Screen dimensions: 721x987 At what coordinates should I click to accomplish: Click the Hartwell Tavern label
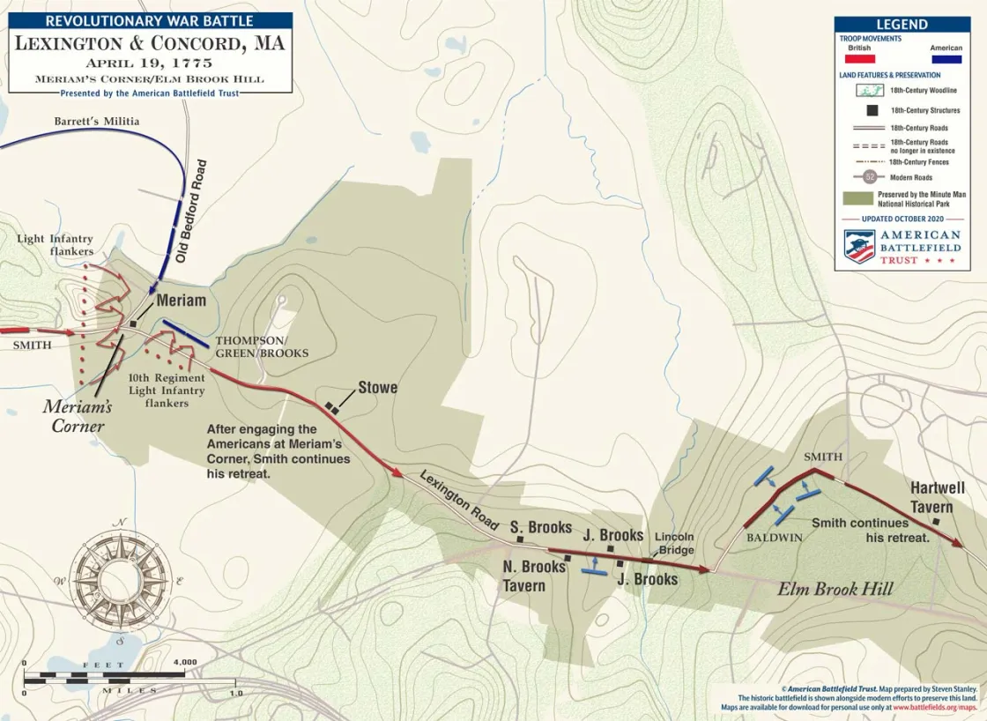click(x=938, y=498)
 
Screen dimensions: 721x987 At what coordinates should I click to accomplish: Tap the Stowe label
click(x=377, y=388)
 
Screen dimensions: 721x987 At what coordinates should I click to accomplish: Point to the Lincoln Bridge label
click(x=674, y=543)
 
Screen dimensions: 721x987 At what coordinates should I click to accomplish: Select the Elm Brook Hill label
click(x=835, y=589)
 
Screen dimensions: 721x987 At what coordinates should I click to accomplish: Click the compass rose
click(x=122, y=581)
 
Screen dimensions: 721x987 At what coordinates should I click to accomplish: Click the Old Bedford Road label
click(x=190, y=211)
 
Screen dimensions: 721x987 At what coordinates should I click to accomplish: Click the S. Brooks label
click(x=540, y=527)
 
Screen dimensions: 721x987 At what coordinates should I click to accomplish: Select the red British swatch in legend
click(x=859, y=60)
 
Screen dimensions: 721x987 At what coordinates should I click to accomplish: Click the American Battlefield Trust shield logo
click(x=859, y=247)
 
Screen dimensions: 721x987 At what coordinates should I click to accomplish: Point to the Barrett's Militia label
click(x=97, y=121)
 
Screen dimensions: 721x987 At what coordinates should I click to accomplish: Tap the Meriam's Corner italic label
click(x=78, y=416)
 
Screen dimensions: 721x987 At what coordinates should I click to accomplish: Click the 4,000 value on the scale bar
click(x=185, y=662)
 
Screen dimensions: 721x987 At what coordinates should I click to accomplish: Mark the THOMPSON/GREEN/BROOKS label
click(x=262, y=346)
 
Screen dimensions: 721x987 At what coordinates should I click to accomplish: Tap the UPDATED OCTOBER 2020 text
click(x=902, y=218)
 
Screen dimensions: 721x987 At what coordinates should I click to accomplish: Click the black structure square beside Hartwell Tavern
click(x=936, y=522)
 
